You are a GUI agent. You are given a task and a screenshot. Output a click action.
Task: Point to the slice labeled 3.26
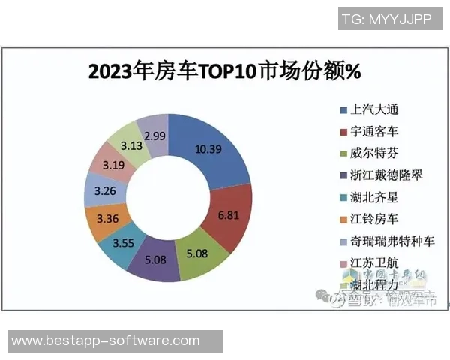click(101, 190)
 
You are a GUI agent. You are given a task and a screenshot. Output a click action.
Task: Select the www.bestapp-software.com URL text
click(106, 341)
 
